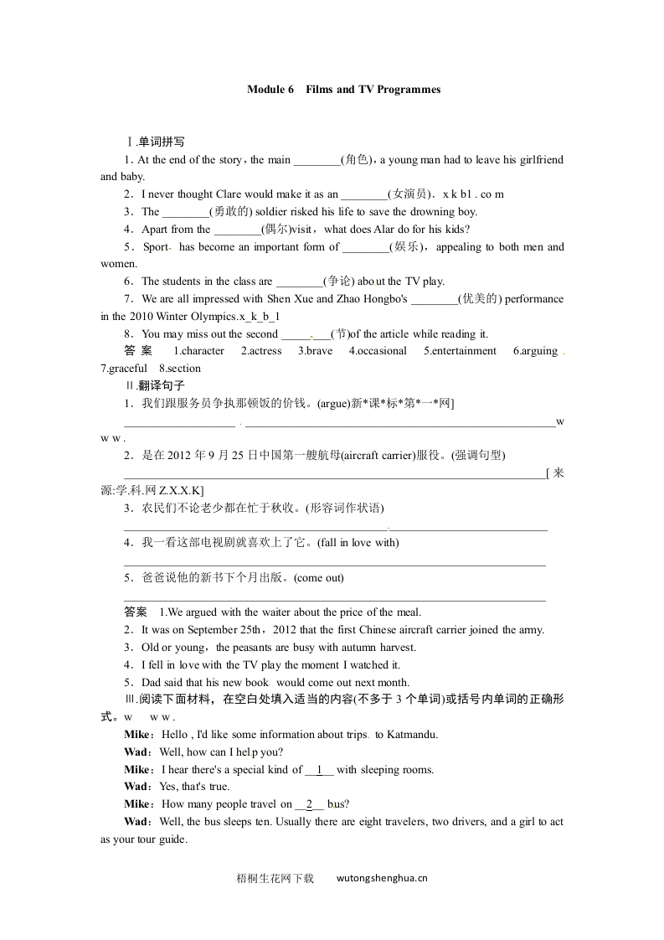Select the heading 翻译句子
pyautogui.click(x=151, y=386)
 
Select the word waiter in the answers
pyautogui.click(x=265, y=612)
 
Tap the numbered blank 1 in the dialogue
pyautogui.click(x=319, y=770)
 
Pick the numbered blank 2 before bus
pyautogui.click(x=309, y=804)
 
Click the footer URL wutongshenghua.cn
pyautogui.click(x=382, y=879)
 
